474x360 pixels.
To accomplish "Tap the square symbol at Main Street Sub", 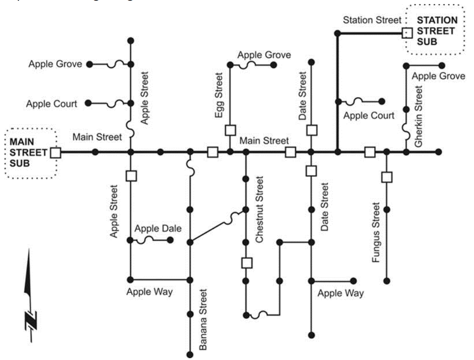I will (x=56, y=152).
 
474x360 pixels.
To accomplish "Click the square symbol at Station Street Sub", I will (x=407, y=33).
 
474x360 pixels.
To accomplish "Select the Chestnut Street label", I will (x=259, y=210).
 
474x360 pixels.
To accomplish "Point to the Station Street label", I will (x=372, y=20).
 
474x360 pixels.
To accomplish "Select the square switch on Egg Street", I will (x=230, y=130).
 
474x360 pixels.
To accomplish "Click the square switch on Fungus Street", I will (x=386, y=177).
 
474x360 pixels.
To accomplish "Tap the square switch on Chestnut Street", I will (x=246, y=263).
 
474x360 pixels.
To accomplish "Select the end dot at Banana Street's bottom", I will (x=190, y=355).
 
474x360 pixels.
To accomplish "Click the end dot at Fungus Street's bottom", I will (x=386, y=281).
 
